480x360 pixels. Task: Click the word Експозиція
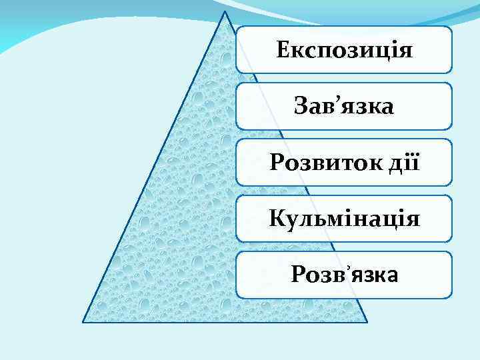pyautogui.click(x=344, y=51)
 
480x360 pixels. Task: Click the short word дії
pyautogui.click(x=403, y=162)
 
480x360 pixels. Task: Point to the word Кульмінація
pyautogui.click(x=344, y=218)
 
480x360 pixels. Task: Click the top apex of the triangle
pyautogui.click(x=225, y=11)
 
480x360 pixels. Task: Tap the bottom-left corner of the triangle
pyautogui.click(x=83, y=322)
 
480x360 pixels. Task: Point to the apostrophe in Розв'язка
pyautogui.click(x=345, y=268)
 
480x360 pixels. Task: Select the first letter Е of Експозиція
pyautogui.click(x=282, y=50)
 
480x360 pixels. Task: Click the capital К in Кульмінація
pyautogui.click(x=275, y=218)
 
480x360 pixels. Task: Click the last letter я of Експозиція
pyautogui.click(x=406, y=51)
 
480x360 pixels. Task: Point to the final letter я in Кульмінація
pyautogui.click(x=413, y=219)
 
